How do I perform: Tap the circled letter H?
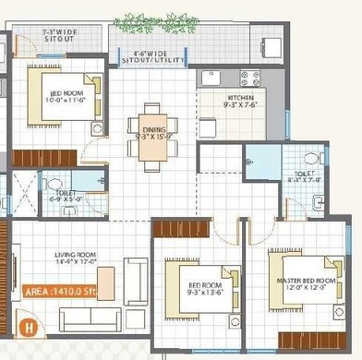tap(29, 324)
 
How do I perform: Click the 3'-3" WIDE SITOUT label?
tap(56, 36)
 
